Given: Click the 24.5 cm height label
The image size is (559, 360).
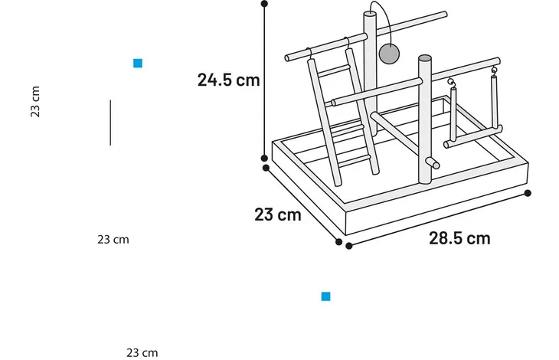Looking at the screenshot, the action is point(228,80).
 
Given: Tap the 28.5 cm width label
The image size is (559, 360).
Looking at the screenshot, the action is point(459,238).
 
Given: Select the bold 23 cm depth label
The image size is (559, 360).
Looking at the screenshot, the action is point(278,214).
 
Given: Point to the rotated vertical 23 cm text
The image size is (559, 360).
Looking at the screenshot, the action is point(35,102).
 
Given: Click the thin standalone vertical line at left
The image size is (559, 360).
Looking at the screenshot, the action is point(110,123).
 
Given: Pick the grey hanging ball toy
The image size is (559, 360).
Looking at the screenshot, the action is point(389,54).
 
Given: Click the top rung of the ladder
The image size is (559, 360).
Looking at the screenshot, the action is point(333,70).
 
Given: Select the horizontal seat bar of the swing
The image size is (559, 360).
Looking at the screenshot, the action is point(472,136).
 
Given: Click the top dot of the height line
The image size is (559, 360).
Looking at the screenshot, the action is point(264,4).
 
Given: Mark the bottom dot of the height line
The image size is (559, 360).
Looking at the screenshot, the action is point(264,158).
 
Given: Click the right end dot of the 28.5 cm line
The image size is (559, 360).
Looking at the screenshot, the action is point(528,193).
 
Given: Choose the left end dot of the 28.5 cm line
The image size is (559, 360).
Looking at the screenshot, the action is point(349,246).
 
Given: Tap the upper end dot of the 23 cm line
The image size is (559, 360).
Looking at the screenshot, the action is point(266,168).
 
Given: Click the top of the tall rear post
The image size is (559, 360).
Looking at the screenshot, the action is point(370,14).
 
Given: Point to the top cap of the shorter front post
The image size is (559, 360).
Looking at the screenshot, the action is point(424,57).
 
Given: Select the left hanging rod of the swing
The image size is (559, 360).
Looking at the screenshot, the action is point(453,113).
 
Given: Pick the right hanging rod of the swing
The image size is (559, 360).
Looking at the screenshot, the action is point(494,103).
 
